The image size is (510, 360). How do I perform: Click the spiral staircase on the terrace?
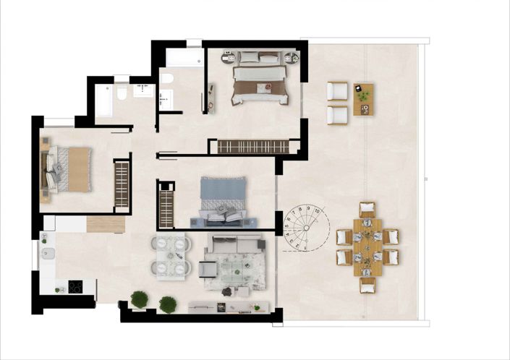[x=305, y=229]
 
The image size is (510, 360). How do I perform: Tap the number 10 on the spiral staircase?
[x=318, y=217]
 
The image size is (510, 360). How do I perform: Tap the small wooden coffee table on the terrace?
[x=363, y=99]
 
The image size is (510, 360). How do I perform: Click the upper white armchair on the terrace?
[x=337, y=91]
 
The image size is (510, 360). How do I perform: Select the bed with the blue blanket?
[x=224, y=201]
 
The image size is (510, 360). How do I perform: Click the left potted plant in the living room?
[x=140, y=298]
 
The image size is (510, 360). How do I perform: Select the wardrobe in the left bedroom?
[x=121, y=186]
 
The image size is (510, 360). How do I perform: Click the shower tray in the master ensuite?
[x=184, y=58]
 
